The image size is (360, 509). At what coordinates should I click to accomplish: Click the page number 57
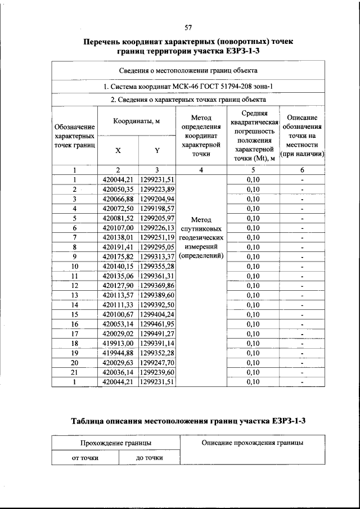188,28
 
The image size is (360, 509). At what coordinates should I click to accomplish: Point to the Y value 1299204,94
157,199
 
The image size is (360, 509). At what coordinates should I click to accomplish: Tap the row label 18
74,343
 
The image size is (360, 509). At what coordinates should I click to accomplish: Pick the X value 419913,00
118,343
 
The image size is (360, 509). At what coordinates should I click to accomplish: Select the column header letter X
118,151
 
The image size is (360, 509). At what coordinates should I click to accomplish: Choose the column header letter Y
157,151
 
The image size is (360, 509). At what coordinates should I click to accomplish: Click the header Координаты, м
137,122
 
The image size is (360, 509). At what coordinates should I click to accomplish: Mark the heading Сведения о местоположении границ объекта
188,71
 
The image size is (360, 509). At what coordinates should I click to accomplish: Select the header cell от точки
85,458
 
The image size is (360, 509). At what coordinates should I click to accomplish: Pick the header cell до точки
150,458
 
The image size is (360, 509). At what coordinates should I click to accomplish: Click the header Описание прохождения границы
252,443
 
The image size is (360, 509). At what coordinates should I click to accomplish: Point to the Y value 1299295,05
157,247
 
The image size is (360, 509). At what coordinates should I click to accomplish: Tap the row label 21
74,372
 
